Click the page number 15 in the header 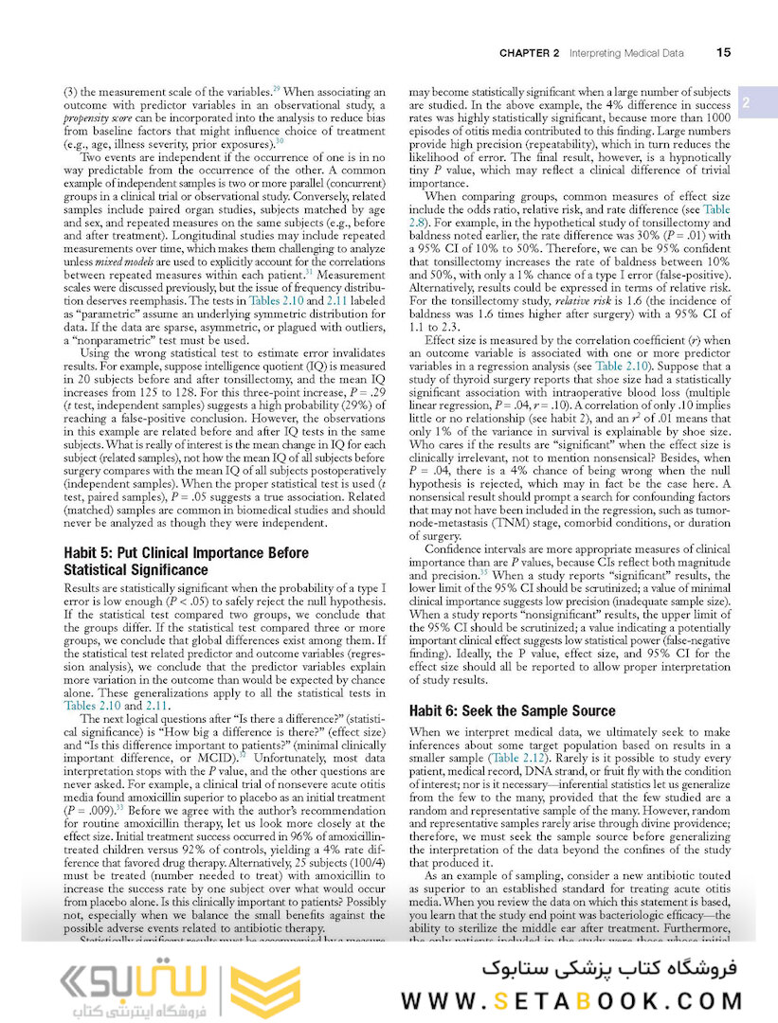pos(723,53)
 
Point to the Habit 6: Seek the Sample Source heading pos(512,710)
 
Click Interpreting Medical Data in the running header pos(626,54)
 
